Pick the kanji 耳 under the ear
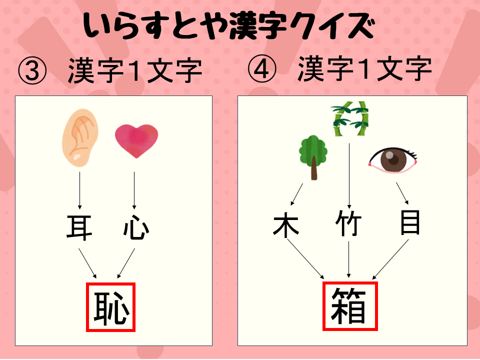pos(79,227)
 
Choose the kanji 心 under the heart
pos(135,227)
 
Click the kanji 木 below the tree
pos(286,225)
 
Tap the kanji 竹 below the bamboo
pos(348,224)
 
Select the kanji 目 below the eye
pos(410,223)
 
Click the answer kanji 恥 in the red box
pos(111,307)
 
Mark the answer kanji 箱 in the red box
pos(349,306)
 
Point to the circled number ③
pos(32,72)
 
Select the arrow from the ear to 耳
pos(79,190)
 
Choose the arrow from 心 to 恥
pos(126,263)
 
